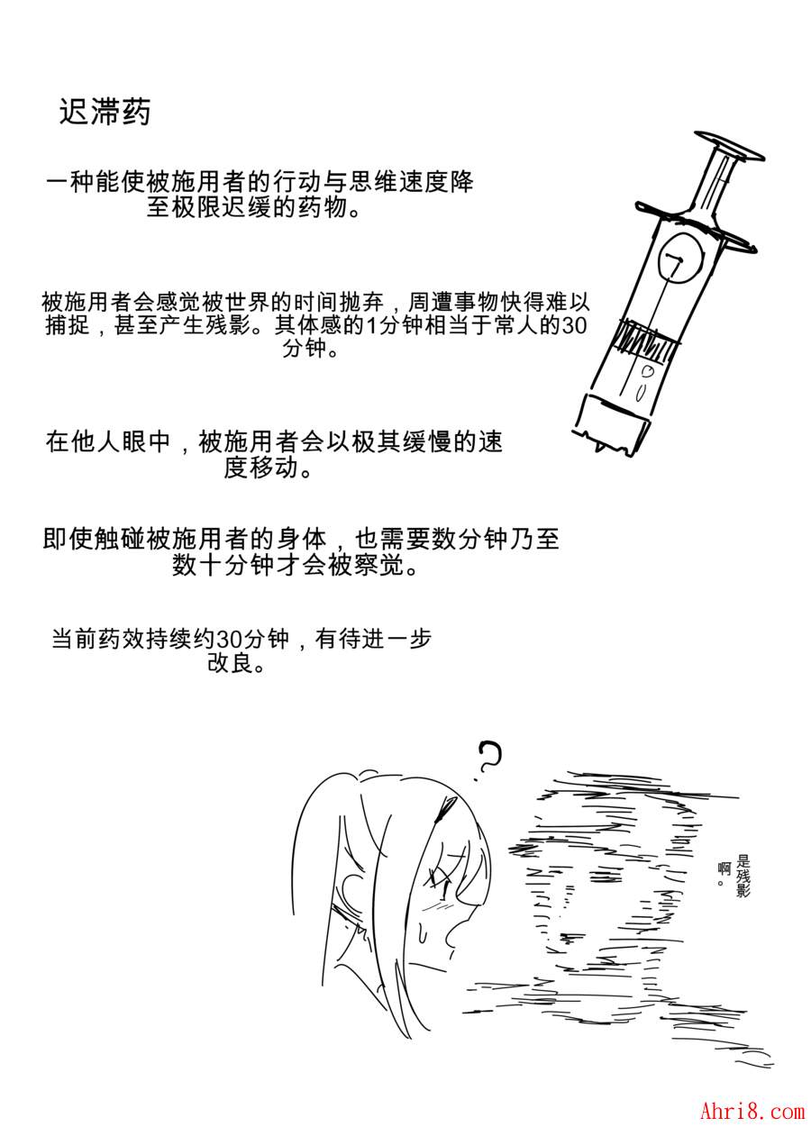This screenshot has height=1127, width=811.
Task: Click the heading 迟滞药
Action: click(105, 111)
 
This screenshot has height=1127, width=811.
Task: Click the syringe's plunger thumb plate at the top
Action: click(729, 147)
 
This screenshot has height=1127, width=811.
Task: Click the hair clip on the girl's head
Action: click(446, 811)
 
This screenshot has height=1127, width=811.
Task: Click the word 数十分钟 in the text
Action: click(223, 565)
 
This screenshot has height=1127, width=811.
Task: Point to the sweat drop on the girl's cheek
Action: click(422, 934)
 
